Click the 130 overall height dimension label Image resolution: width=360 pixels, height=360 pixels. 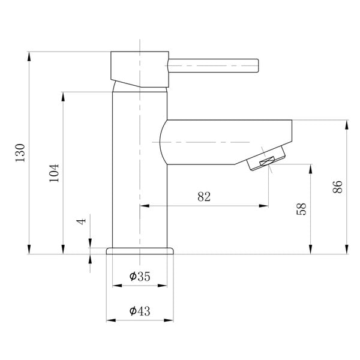(x=20, y=153)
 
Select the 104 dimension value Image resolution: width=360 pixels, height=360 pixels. (x=55, y=173)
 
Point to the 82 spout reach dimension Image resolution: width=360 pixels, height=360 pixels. (x=203, y=197)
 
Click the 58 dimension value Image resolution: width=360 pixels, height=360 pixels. (x=302, y=209)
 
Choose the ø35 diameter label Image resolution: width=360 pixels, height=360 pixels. (x=139, y=276)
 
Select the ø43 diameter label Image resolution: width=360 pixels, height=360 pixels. (x=139, y=311)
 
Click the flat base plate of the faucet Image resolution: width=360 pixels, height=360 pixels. (x=140, y=250)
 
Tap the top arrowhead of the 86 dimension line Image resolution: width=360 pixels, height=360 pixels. (x=346, y=124)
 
